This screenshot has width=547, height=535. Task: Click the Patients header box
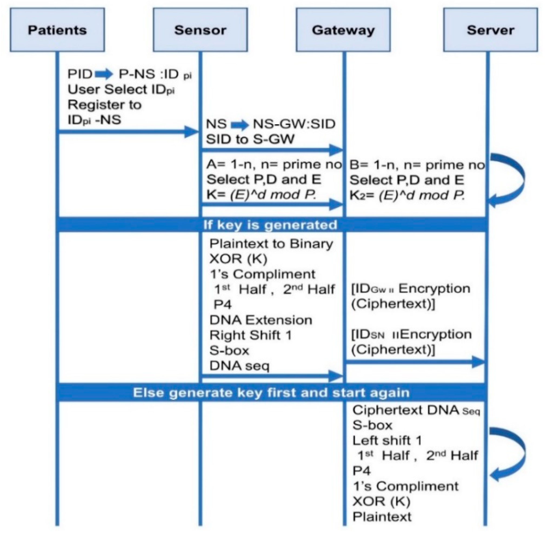57,30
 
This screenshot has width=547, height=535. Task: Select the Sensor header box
200,30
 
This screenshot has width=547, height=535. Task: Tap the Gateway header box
343,30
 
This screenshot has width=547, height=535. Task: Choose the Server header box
491,30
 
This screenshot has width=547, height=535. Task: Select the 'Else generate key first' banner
271,393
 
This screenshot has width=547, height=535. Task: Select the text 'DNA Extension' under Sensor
261,320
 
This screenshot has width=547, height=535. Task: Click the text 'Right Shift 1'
251,335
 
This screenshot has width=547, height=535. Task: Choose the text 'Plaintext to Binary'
271,244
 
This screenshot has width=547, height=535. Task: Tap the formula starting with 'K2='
407,195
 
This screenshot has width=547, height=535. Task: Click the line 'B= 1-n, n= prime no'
417,165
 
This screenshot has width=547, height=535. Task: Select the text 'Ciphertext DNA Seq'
416,410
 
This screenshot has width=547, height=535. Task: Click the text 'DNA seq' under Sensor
239,366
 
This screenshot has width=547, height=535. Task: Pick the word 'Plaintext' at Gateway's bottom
382,516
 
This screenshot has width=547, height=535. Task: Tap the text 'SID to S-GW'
250,139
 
